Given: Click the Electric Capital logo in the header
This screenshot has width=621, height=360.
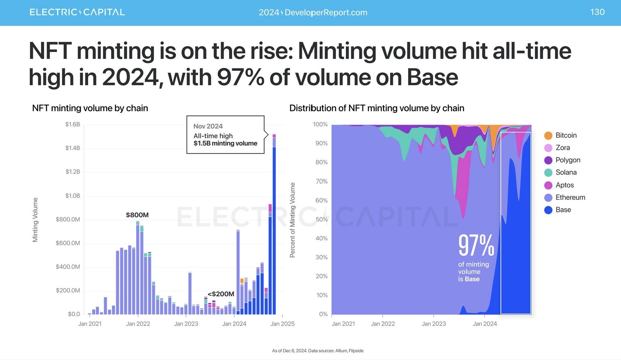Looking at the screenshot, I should [77, 12].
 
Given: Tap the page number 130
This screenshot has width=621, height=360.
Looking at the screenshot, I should [597, 12].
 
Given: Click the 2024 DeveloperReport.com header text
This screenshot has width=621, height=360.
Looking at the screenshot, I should [313, 12].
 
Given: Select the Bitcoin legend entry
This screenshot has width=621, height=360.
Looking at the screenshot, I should [566, 135].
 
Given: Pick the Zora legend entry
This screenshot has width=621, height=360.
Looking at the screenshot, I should [562, 148].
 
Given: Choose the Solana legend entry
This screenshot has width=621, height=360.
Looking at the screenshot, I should [566, 173].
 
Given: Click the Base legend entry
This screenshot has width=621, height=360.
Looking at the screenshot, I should [563, 210].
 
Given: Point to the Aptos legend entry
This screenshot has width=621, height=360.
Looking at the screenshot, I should [564, 185].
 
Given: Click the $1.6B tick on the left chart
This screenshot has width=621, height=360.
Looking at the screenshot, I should [73, 125].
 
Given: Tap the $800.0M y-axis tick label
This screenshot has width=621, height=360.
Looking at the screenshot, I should [68, 219].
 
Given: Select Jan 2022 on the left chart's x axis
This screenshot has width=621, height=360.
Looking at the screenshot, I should [138, 324].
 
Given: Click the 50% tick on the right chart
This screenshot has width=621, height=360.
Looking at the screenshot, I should [322, 219].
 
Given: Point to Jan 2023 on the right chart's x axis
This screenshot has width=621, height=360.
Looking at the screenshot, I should [434, 324].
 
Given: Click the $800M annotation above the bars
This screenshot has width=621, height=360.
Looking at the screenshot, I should [137, 215].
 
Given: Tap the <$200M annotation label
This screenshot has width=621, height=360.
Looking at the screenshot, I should [221, 294].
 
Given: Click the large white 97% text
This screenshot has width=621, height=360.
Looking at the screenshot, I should [476, 245].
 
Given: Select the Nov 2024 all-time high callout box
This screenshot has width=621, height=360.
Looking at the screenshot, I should [225, 134].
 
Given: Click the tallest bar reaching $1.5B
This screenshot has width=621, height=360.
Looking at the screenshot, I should [274, 230].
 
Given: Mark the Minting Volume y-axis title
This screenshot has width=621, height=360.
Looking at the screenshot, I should [35, 219].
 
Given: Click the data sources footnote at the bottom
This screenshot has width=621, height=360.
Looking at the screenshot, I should [317, 351].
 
